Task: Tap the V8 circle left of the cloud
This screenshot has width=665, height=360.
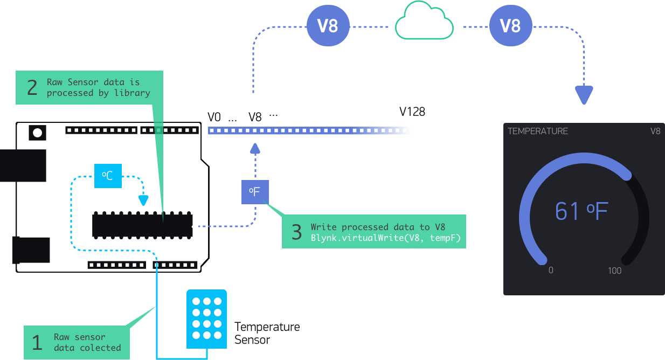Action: pyautogui.click(x=328, y=25)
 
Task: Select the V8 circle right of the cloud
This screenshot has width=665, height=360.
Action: pyautogui.click(x=510, y=25)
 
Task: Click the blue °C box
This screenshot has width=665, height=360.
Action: pyautogui.click(x=108, y=176)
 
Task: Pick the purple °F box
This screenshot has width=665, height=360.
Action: pyautogui.click(x=254, y=192)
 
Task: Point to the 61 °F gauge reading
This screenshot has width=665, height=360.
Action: pyautogui.click(x=581, y=211)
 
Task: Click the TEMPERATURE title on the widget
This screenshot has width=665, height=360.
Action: pyautogui.click(x=538, y=131)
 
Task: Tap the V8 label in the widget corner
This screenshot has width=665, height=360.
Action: pyautogui.click(x=655, y=131)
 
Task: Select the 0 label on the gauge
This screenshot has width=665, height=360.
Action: pyautogui.click(x=551, y=271)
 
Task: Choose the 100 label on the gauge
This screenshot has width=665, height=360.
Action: pyautogui.click(x=615, y=271)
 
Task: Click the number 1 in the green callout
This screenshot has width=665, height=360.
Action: pyautogui.click(x=37, y=343)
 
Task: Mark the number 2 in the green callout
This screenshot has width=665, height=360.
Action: pyautogui.click(x=32, y=87)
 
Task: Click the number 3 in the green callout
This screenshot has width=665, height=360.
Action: pyautogui.click(x=297, y=232)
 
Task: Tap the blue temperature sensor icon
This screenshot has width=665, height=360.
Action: pyautogui.click(x=207, y=319)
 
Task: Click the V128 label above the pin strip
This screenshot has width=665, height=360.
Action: pyautogui.click(x=412, y=112)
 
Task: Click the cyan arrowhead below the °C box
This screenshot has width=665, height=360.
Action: pyautogui.click(x=143, y=201)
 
